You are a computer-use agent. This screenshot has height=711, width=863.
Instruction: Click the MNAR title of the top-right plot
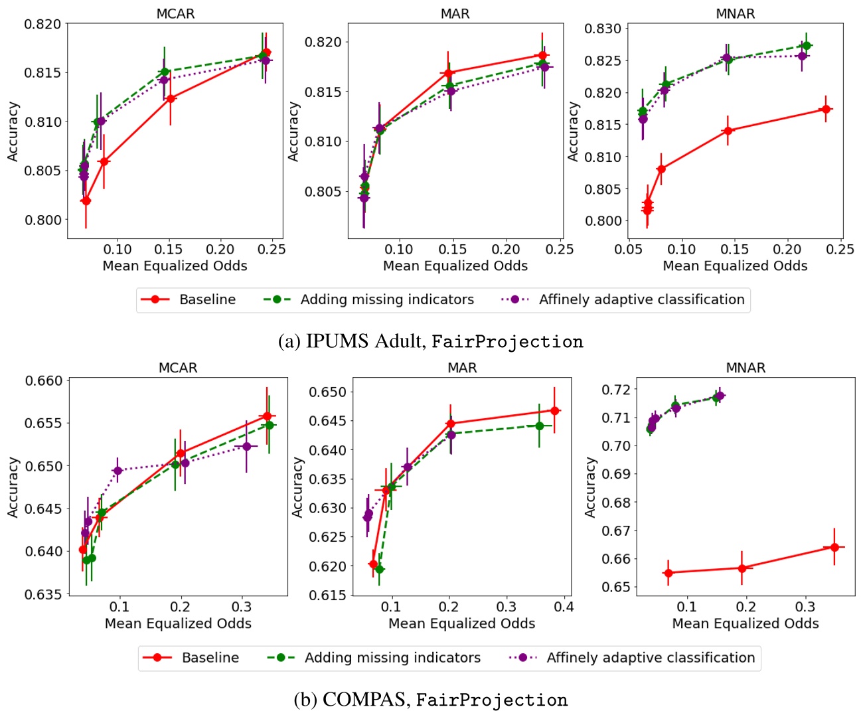(x=735, y=14)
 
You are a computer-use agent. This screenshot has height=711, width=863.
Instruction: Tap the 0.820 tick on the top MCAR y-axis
(x=42, y=25)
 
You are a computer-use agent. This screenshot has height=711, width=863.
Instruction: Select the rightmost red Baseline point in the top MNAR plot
(x=826, y=109)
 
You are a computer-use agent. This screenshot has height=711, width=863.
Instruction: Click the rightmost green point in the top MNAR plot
(x=806, y=46)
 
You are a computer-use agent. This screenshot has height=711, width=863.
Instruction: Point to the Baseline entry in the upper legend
(x=206, y=299)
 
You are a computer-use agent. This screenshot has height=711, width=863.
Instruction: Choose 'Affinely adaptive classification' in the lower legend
(x=650, y=657)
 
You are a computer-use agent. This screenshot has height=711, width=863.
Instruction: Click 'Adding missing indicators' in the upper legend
(x=386, y=299)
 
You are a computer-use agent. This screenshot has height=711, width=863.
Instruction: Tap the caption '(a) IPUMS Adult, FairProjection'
(x=431, y=341)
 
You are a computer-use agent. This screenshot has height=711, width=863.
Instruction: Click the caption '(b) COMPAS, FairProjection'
(x=431, y=700)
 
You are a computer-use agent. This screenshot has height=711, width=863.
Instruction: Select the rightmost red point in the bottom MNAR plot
(x=834, y=547)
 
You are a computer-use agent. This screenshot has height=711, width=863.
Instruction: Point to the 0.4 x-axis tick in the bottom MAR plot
(x=564, y=606)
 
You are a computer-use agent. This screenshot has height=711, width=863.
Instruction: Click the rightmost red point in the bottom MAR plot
(x=554, y=411)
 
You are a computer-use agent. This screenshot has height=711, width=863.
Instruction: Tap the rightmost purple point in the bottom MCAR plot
(x=246, y=446)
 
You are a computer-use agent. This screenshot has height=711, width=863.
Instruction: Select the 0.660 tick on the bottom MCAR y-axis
(x=43, y=381)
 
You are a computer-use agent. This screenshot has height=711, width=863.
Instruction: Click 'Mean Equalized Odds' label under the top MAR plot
(x=455, y=266)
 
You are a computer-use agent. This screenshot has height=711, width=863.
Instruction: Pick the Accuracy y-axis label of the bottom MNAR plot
(x=589, y=487)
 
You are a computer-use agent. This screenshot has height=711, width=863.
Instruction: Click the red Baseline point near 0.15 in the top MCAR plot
(x=171, y=98)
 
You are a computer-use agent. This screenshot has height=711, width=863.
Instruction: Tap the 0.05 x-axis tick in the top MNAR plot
(x=628, y=249)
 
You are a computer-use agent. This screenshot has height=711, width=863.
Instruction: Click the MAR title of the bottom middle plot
(x=462, y=368)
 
